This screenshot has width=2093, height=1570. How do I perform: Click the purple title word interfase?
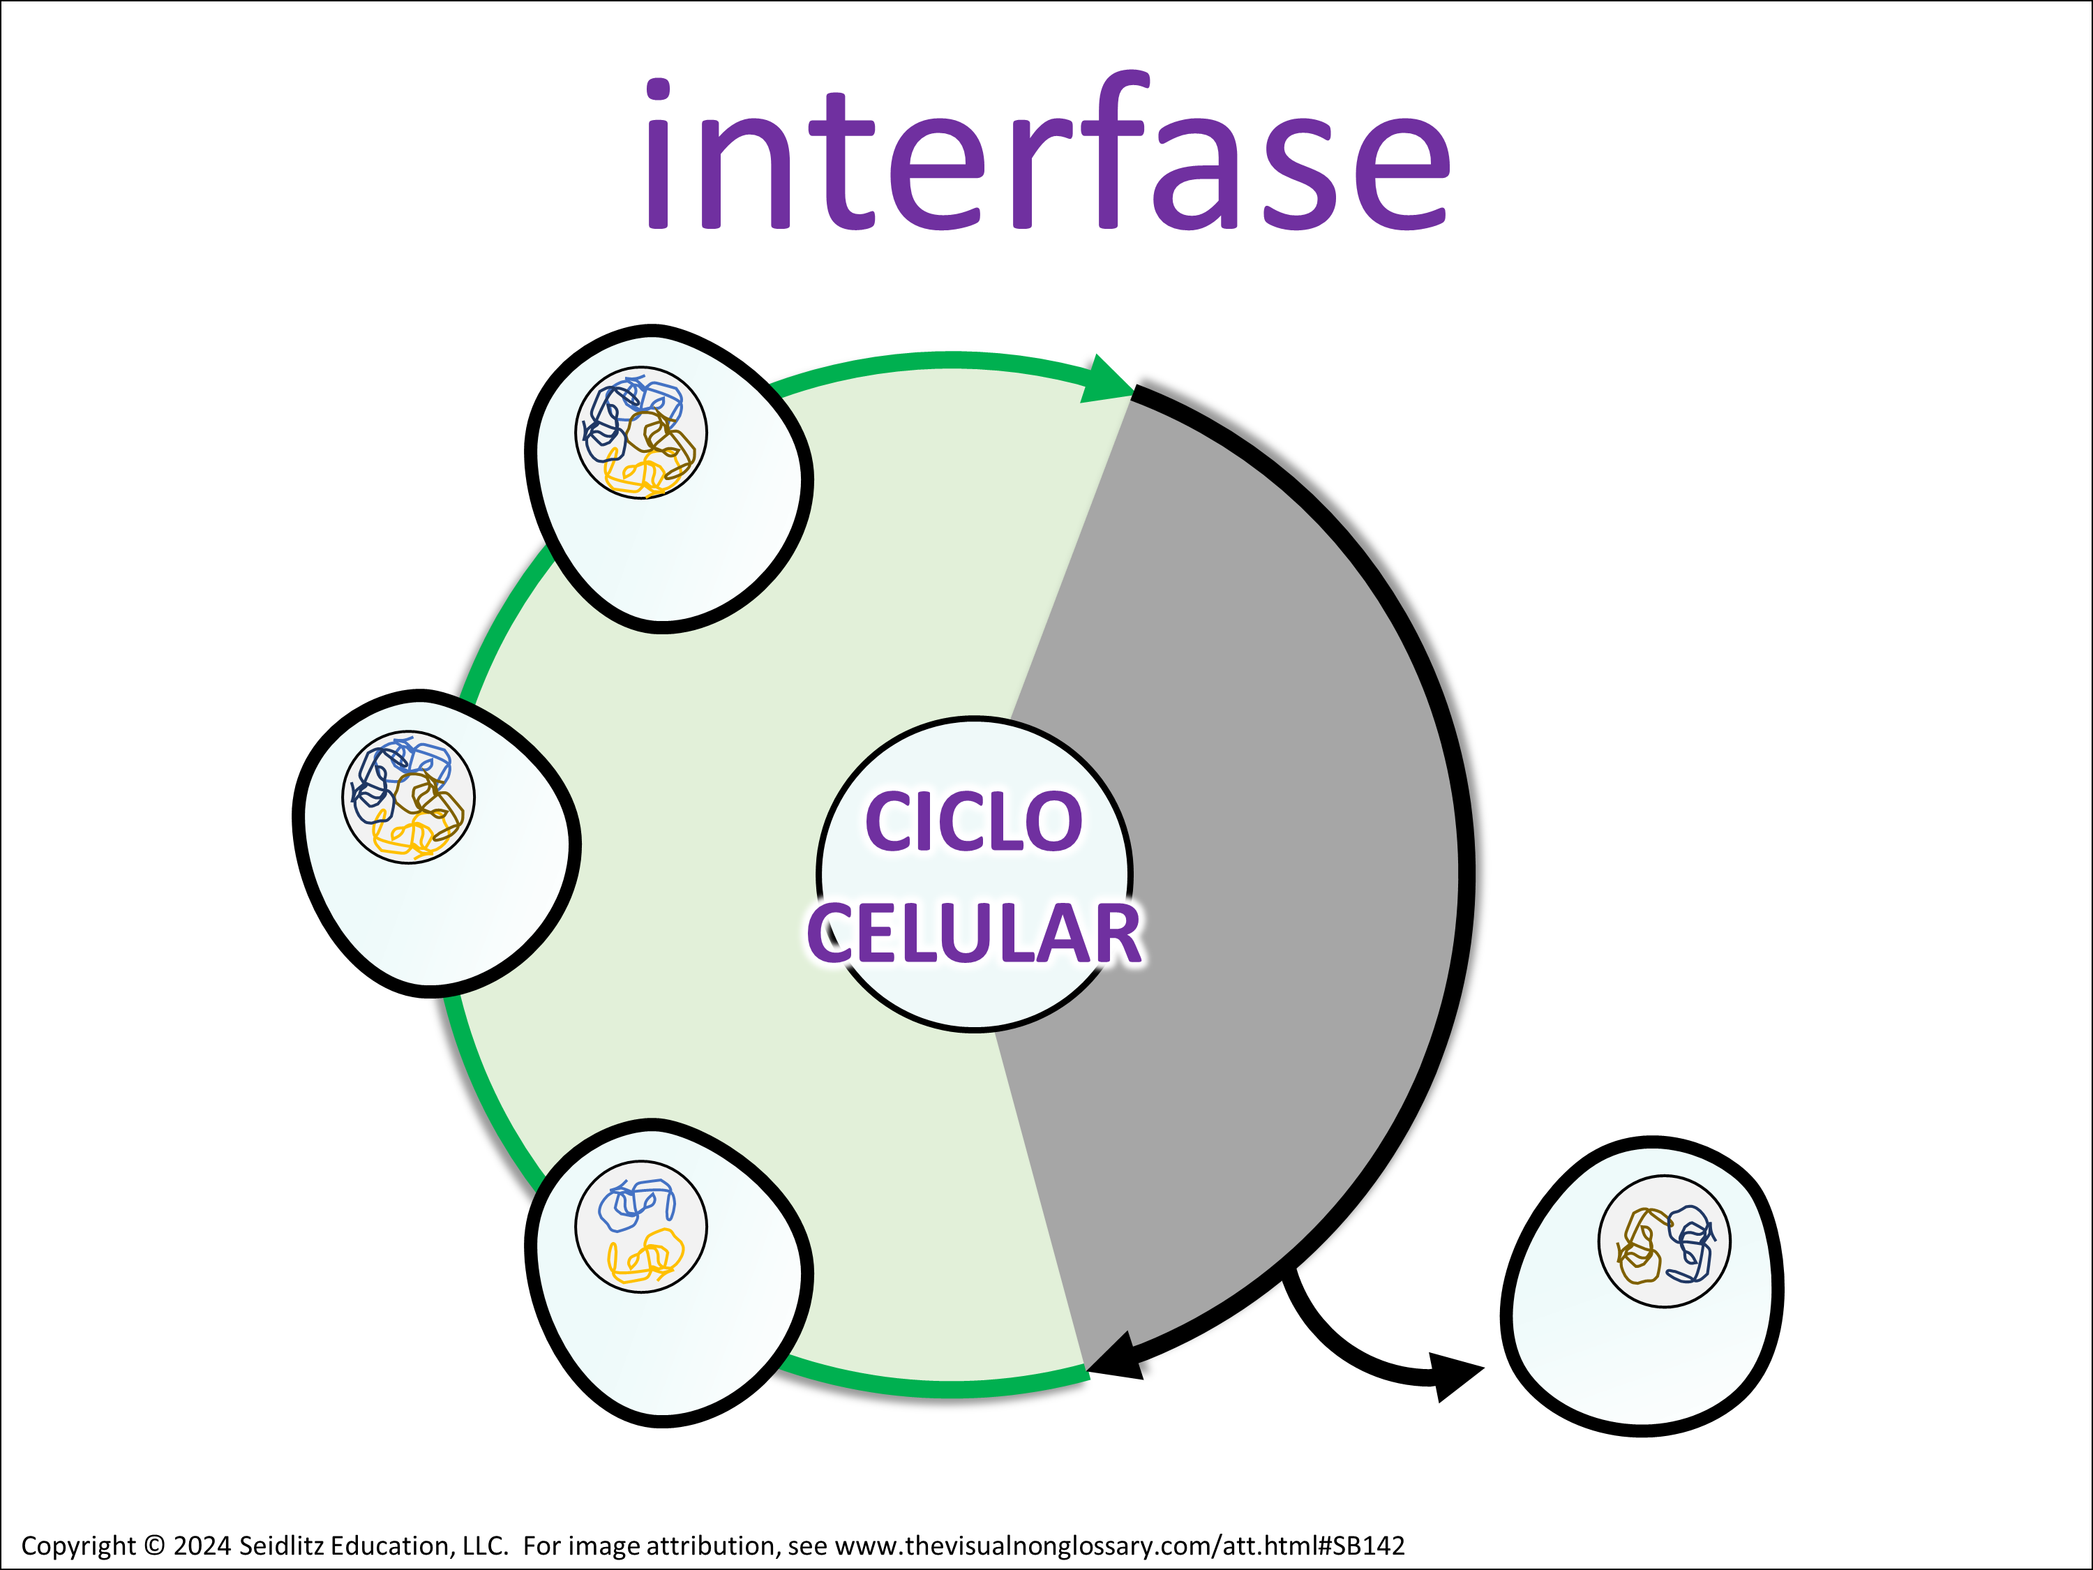coord(1046,156)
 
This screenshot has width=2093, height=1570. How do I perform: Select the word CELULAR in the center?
coord(974,934)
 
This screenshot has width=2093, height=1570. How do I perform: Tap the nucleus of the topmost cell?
coord(640,433)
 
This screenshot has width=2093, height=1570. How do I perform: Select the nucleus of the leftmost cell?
coord(408,797)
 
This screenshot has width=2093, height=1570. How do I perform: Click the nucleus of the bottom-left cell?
coord(640,1227)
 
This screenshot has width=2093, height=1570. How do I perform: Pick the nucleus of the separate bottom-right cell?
coord(1665,1241)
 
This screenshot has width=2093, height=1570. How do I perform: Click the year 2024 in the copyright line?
coord(202,1546)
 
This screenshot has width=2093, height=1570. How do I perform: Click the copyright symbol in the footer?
coord(154,1546)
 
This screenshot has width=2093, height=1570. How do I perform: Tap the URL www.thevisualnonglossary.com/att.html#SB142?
coord(1119,1546)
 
